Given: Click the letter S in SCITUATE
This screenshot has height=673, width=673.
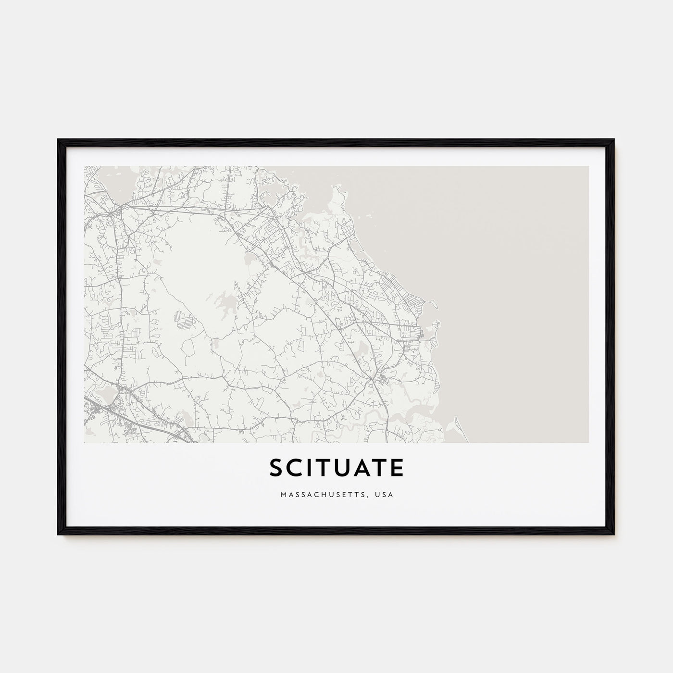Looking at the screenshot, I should [x=278, y=468].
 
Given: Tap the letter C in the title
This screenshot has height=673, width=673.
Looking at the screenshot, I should [x=298, y=468].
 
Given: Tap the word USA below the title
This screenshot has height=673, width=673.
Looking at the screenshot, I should [x=385, y=494].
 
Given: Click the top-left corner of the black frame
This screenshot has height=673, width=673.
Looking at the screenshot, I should [x=59, y=140].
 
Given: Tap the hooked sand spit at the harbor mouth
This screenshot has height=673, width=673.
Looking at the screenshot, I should [x=433, y=304].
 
